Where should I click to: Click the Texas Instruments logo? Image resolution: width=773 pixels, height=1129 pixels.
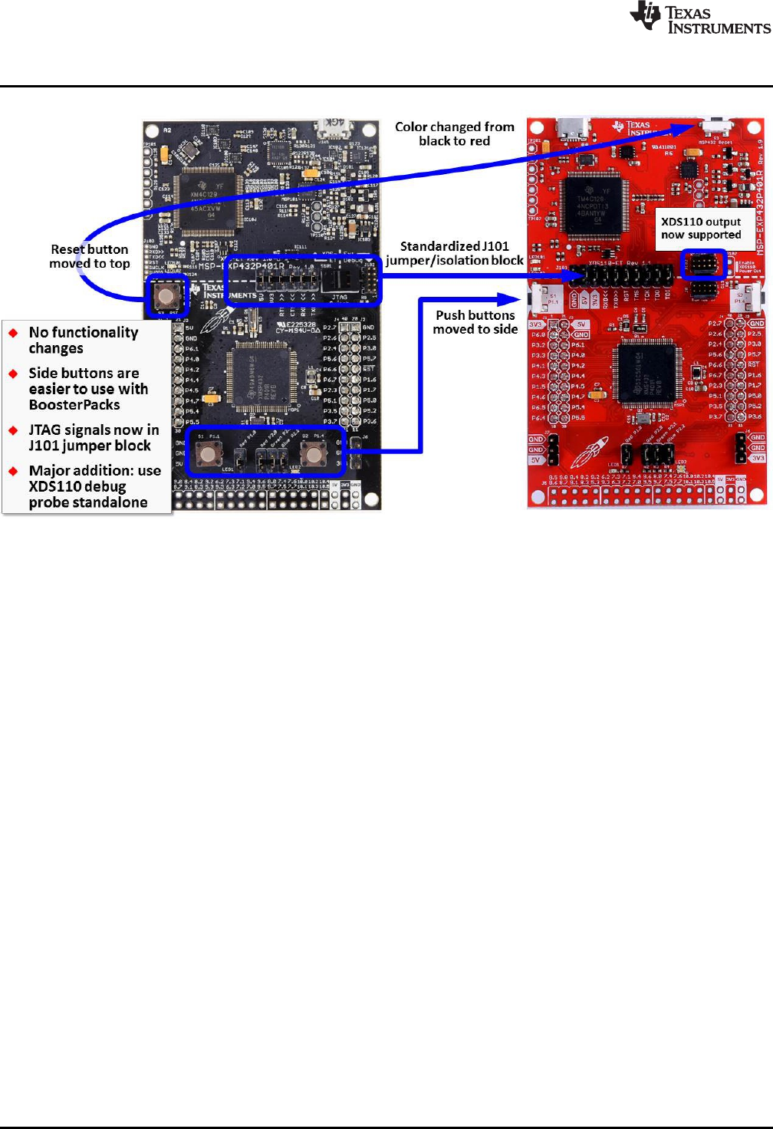click(699, 18)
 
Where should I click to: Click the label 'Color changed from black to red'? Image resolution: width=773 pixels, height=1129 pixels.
click(454, 133)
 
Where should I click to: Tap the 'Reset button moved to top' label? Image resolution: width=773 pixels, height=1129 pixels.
click(90, 256)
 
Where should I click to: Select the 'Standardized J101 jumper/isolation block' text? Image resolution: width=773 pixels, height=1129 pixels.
click(454, 253)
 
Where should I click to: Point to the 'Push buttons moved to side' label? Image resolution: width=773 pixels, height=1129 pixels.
click(475, 322)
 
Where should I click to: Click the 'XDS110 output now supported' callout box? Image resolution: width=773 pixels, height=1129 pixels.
click(701, 229)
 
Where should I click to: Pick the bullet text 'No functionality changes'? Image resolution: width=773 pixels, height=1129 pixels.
click(83, 340)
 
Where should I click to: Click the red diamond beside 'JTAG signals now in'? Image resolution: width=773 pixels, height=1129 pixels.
click(13, 430)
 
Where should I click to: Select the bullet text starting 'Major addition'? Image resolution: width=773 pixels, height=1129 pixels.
click(94, 486)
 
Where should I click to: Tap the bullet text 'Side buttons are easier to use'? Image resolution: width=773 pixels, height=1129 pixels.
click(87, 389)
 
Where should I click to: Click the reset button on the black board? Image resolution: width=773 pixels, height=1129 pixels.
click(166, 295)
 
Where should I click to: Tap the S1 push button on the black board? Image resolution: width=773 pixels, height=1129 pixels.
click(209, 454)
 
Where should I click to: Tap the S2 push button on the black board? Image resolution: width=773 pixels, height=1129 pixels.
click(312, 454)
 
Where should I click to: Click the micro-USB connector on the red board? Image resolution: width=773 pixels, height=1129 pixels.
click(571, 128)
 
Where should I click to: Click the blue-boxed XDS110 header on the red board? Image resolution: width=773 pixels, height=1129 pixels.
click(702, 264)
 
